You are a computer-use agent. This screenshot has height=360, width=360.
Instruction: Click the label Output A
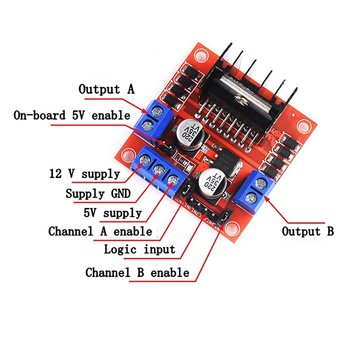click(x=106, y=89)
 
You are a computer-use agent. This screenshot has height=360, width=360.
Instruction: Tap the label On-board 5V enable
click(x=72, y=116)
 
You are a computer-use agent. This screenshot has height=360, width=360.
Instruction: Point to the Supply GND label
click(x=98, y=194)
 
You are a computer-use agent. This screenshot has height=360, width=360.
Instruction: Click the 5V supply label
click(x=112, y=212)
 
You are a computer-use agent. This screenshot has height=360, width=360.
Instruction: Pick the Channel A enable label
click(x=100, y=232)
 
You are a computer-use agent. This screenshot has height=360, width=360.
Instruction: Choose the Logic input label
click(x=139, y=249)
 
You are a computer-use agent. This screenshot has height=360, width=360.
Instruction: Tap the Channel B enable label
click(x=137, y=272)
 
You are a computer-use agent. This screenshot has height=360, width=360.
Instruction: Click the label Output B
click(x=308, y=232)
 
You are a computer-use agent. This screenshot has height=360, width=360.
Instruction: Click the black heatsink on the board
click(x=252, y=85)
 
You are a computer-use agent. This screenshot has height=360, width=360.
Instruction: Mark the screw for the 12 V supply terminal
click(x=145, y=160)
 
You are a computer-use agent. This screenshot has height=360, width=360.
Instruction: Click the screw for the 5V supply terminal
click(x=172, y=180)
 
